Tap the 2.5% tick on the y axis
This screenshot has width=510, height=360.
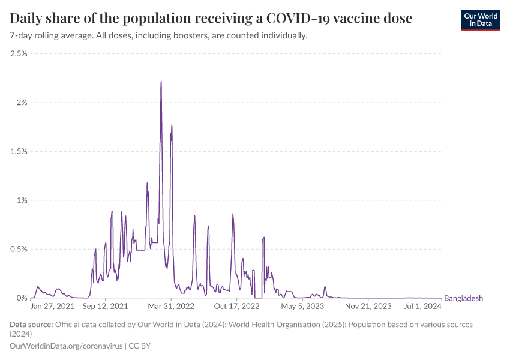[19, 54]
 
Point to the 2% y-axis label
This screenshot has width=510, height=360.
[22, 103]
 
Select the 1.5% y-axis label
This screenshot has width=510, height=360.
[19, 152]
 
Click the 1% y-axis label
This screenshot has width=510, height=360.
[22, 200]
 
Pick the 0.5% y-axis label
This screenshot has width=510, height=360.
[19, 249]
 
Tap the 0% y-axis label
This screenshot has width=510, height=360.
[22, 298]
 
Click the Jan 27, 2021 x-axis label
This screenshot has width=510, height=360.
[53, 306]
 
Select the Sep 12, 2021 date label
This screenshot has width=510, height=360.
[106, 306]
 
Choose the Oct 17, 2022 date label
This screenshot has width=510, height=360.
[237, 306]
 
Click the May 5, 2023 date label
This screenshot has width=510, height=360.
[302, 306]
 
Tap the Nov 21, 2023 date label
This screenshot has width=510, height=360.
[369, 306]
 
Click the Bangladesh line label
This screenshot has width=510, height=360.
[463, 298]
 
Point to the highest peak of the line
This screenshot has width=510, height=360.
[161, 82]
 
